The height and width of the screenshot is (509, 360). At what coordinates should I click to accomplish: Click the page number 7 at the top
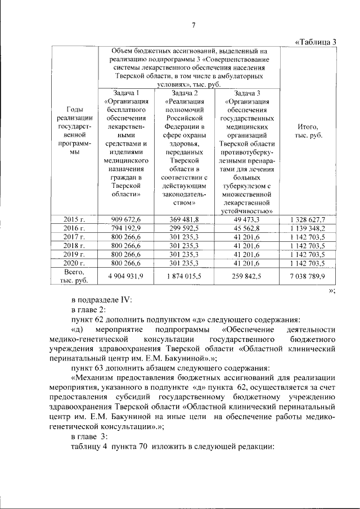coord(193,25)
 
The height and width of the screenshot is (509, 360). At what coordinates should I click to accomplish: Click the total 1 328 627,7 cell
coord(305,219)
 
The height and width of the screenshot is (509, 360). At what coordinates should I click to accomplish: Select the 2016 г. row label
coord(74,228)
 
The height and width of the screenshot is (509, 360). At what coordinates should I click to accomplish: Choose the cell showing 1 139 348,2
coord(305,228)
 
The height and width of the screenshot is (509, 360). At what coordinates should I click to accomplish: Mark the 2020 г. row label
coord(74,263)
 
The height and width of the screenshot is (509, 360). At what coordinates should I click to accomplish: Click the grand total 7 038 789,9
coord(305,276)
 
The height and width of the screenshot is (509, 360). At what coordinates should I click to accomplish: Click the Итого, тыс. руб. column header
coord(305,132)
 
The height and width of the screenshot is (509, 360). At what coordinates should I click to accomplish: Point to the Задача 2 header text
coord(184,93)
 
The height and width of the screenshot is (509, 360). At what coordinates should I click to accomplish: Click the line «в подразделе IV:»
coord(102,300)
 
